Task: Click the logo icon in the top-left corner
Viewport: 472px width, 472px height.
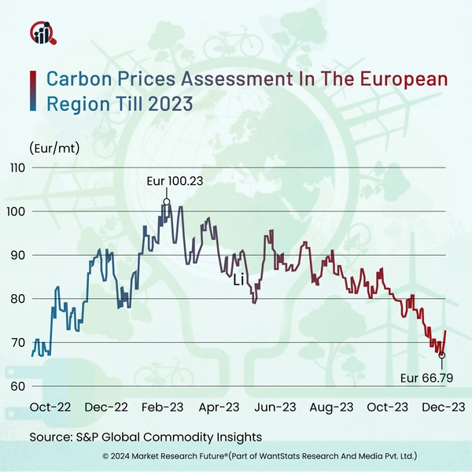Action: tap(41, 34)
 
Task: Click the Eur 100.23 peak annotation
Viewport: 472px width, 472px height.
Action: tap(175, 181)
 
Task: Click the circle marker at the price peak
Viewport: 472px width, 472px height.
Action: tap(167, 202)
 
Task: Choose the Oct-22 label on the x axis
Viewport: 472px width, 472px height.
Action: tap(50, 407)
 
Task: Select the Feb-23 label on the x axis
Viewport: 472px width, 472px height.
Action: tap(163, 407)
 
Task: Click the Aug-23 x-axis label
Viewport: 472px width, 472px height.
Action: tap(331, 407)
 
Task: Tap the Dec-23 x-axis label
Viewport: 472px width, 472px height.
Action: tap(443, 407)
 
